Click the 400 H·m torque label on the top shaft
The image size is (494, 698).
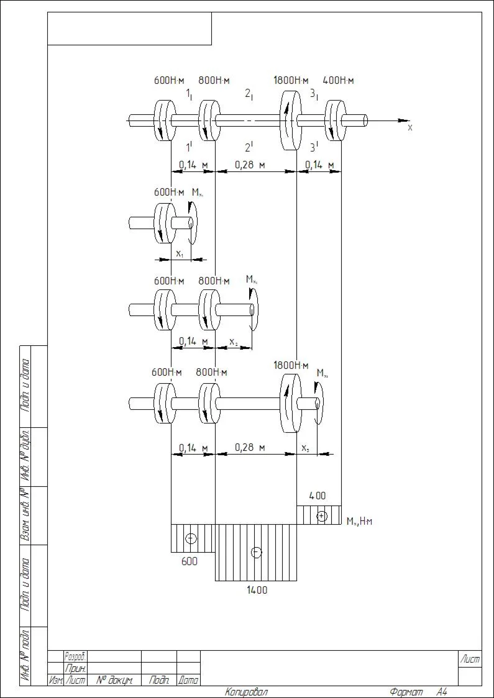click(338, 80)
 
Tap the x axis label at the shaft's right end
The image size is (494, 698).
click(409, 127)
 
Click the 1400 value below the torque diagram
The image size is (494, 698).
click(256, 590)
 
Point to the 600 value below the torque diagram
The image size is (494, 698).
click(190, 561)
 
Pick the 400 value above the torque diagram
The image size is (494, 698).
click(317, 496)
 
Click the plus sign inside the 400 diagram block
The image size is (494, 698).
click(321, 515)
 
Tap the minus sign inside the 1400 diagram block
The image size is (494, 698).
click(256, 552)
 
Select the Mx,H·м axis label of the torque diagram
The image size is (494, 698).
click(359, 521)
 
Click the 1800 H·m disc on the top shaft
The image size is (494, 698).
click(287, 120)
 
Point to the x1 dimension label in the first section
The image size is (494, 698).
click(179, 253)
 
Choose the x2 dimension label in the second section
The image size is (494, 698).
click(233, 342)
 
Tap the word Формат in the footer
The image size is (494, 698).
click(406, 692)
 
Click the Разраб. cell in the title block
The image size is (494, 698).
click(75, 656)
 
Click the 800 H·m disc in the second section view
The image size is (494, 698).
click(208, 309)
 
